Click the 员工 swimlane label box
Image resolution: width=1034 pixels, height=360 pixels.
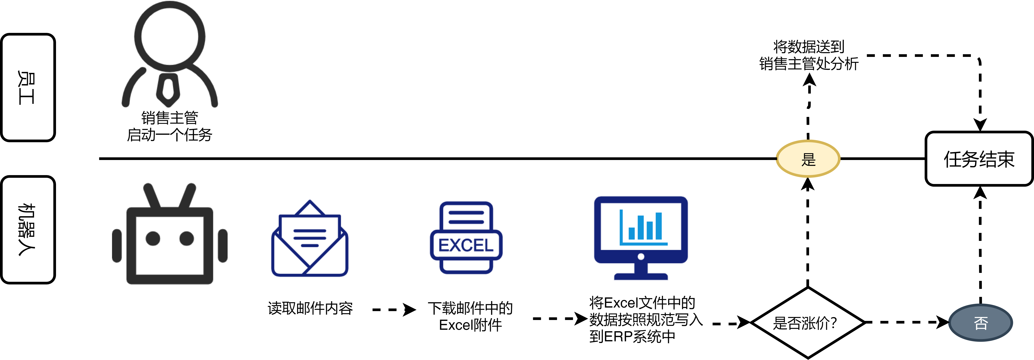coord(28,87)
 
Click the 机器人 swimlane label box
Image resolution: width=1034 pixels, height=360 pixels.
coord(28,230)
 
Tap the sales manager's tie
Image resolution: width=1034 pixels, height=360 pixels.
coord(168,88)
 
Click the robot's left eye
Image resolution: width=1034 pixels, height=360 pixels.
coord(153,238)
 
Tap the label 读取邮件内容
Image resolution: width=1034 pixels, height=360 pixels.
coord(310,308)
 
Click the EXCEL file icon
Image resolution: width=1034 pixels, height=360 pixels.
coord(466,238)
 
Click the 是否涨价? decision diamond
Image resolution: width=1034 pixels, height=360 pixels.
coord(808,323)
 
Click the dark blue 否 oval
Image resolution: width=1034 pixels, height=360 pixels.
coord(981,323)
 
